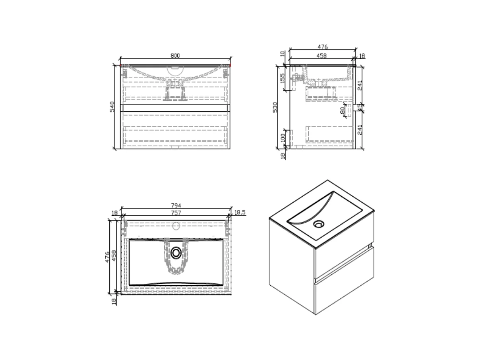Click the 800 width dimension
(175, 56)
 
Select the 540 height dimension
(112, 107)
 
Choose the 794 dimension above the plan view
(176, 205)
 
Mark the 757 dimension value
(176, 213)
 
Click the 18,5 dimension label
(240, 213)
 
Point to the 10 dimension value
(283, 54)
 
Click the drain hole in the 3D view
(318, 224)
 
